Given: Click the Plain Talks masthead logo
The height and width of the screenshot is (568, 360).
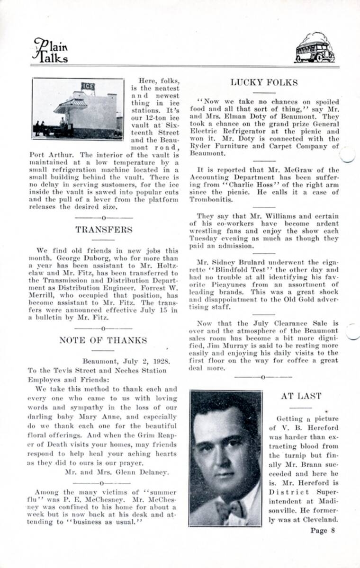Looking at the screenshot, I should (x=50, y=50).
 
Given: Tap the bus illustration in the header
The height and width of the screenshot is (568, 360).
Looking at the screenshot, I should (x=315, y=48).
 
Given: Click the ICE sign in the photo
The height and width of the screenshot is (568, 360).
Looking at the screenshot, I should (x=88, y=86).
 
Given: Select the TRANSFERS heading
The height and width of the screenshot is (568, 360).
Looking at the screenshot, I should (x=104, y=230).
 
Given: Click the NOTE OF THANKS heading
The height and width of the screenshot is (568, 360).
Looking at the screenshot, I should (x=103, y=340).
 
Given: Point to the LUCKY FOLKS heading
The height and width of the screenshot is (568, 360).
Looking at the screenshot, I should (x=264, y=83).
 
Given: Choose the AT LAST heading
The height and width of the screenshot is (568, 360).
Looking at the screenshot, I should (x=301, y=396).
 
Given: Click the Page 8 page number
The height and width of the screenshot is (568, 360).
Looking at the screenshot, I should (x=323, y=530).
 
